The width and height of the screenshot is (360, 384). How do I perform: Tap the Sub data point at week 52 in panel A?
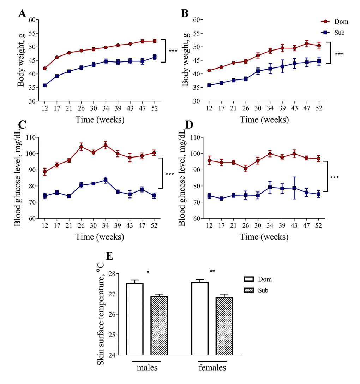155,57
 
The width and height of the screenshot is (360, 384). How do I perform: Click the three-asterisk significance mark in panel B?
339,54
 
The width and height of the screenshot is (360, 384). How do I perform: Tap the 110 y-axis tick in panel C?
33,137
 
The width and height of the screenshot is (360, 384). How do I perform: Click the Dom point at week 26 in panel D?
246,169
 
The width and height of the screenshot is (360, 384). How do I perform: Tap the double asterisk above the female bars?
212,271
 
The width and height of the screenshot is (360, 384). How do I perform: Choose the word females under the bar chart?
212,368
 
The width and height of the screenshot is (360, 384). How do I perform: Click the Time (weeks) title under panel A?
100,119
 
